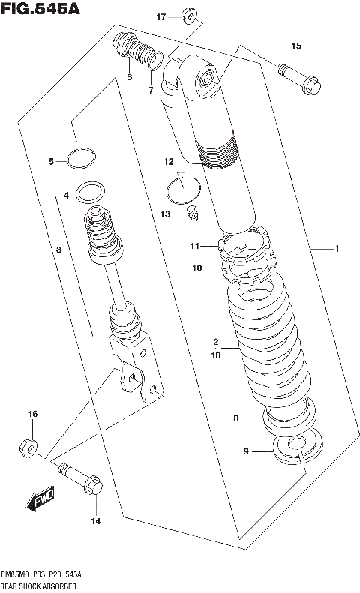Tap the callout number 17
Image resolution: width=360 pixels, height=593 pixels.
click(x=161, y=16)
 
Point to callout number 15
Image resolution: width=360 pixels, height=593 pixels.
click(x=295, y=46)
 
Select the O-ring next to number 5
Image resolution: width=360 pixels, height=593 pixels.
click(x=80, y=158)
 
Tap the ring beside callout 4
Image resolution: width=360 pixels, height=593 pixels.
click(x=92, y=193)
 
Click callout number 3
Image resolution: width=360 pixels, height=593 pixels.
click(x=58, y=250)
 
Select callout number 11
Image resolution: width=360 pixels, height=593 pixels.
click(x=193, y=246)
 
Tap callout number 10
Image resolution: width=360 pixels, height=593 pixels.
click(x=197, y=267)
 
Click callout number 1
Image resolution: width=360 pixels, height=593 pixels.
click(x=337, y=248)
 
